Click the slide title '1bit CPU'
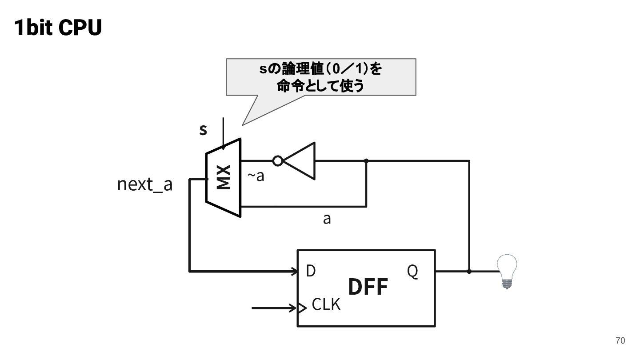pos(58,28)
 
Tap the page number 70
pos(620,340)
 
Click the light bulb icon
pos(507,272)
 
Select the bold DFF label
pos(368,287)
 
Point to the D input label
pos(311,271)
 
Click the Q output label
pos(412,271)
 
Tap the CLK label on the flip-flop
pos(326,304)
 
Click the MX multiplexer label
pos(224,177)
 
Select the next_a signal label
pos(145,184)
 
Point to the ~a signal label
pos(256,176)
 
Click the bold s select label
pos(203,130)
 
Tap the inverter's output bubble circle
pos(278,161)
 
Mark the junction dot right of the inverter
pos(366,161)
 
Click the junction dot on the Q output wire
pos(469,272)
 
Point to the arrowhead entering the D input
pos(294,272)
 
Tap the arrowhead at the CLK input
pos(292,308)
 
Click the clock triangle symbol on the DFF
pos(302,308)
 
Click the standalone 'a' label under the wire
pos(327,219)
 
